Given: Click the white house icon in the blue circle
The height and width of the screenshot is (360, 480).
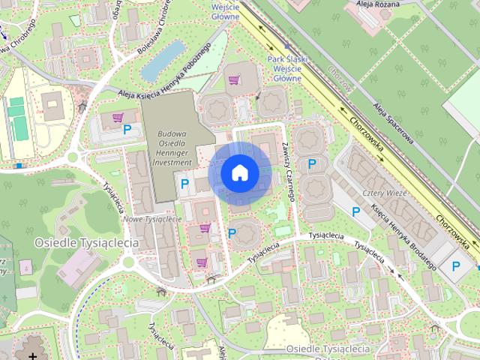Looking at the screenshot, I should pyautogui.click(x=239, y=173).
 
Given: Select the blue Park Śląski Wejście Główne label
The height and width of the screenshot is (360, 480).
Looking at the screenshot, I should pyautogui.click(x=284, y=67).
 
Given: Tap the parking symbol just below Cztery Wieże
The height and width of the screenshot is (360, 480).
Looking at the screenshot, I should pyautogui.click(x=356, y=213).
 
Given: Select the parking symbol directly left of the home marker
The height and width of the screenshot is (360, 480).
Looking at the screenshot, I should pyautogui.click(x=184, y=182).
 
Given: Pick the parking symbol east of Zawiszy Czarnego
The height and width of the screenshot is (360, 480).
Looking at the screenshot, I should pyautogui.click(x=312, y=163).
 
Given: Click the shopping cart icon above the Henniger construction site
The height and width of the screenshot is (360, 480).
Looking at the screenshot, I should pyautogui.click(x=233, y=79).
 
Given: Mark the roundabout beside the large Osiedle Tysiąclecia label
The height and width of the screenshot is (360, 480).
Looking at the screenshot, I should pyautogui.click(x=128, y=262).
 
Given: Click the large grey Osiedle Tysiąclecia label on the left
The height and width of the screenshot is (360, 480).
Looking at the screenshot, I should pyautogui.click(x=87, y=243).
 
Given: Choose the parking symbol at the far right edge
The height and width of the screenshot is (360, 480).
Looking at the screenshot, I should pyautogui.click(x=455, y=265).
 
